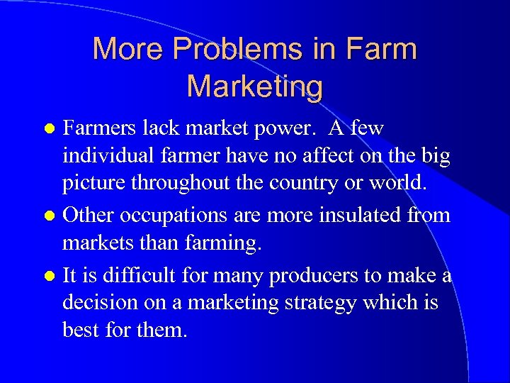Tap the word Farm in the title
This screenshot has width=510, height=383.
pos(381,50)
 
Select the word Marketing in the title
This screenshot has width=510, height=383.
pos(255,86)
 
